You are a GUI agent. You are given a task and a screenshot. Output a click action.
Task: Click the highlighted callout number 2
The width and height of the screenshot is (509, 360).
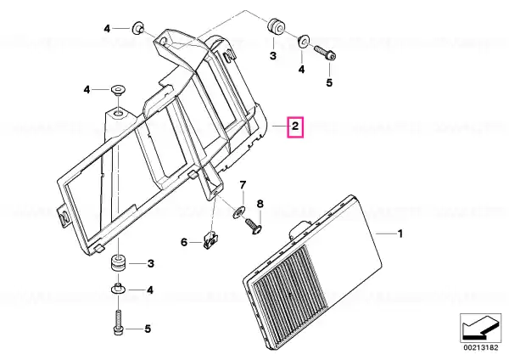click(x=295, y=126)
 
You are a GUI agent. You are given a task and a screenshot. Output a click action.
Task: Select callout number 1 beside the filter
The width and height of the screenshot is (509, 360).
click(x=400, y=233)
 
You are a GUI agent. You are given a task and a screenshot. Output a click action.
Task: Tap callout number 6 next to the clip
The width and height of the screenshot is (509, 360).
click(x=184, y=242)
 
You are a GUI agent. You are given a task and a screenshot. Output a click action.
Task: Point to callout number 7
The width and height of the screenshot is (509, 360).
click(x=243, y=185)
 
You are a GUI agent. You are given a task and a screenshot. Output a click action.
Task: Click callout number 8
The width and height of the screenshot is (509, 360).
click(x=260, y=204)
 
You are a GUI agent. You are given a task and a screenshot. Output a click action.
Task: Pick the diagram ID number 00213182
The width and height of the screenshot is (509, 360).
click(x=481, y=347)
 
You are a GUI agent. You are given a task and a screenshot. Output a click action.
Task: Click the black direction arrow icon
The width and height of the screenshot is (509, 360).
click(x=480, y=328)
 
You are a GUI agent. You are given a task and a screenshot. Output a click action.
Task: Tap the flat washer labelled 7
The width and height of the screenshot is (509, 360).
click(x=238, y=212)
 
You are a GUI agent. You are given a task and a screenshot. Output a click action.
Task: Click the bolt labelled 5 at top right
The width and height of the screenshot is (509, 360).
click(x=325, y=53)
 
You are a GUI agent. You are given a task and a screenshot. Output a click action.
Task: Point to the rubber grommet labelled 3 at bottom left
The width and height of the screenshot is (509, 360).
click(x=118, y=263)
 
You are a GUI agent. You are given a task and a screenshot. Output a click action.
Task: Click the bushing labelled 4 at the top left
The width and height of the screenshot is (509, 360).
click(x=138, y=28)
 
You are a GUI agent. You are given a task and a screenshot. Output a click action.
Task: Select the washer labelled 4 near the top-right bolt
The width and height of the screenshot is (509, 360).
click(x=304, y=41)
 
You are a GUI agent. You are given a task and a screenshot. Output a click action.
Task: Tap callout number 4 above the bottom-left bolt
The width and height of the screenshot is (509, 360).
click(x=149, y=290)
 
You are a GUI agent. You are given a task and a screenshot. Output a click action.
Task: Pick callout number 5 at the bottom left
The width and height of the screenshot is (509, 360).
click(x=148, y=329)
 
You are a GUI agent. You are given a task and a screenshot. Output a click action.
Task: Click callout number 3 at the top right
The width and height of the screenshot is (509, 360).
click(x=273, y=55)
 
